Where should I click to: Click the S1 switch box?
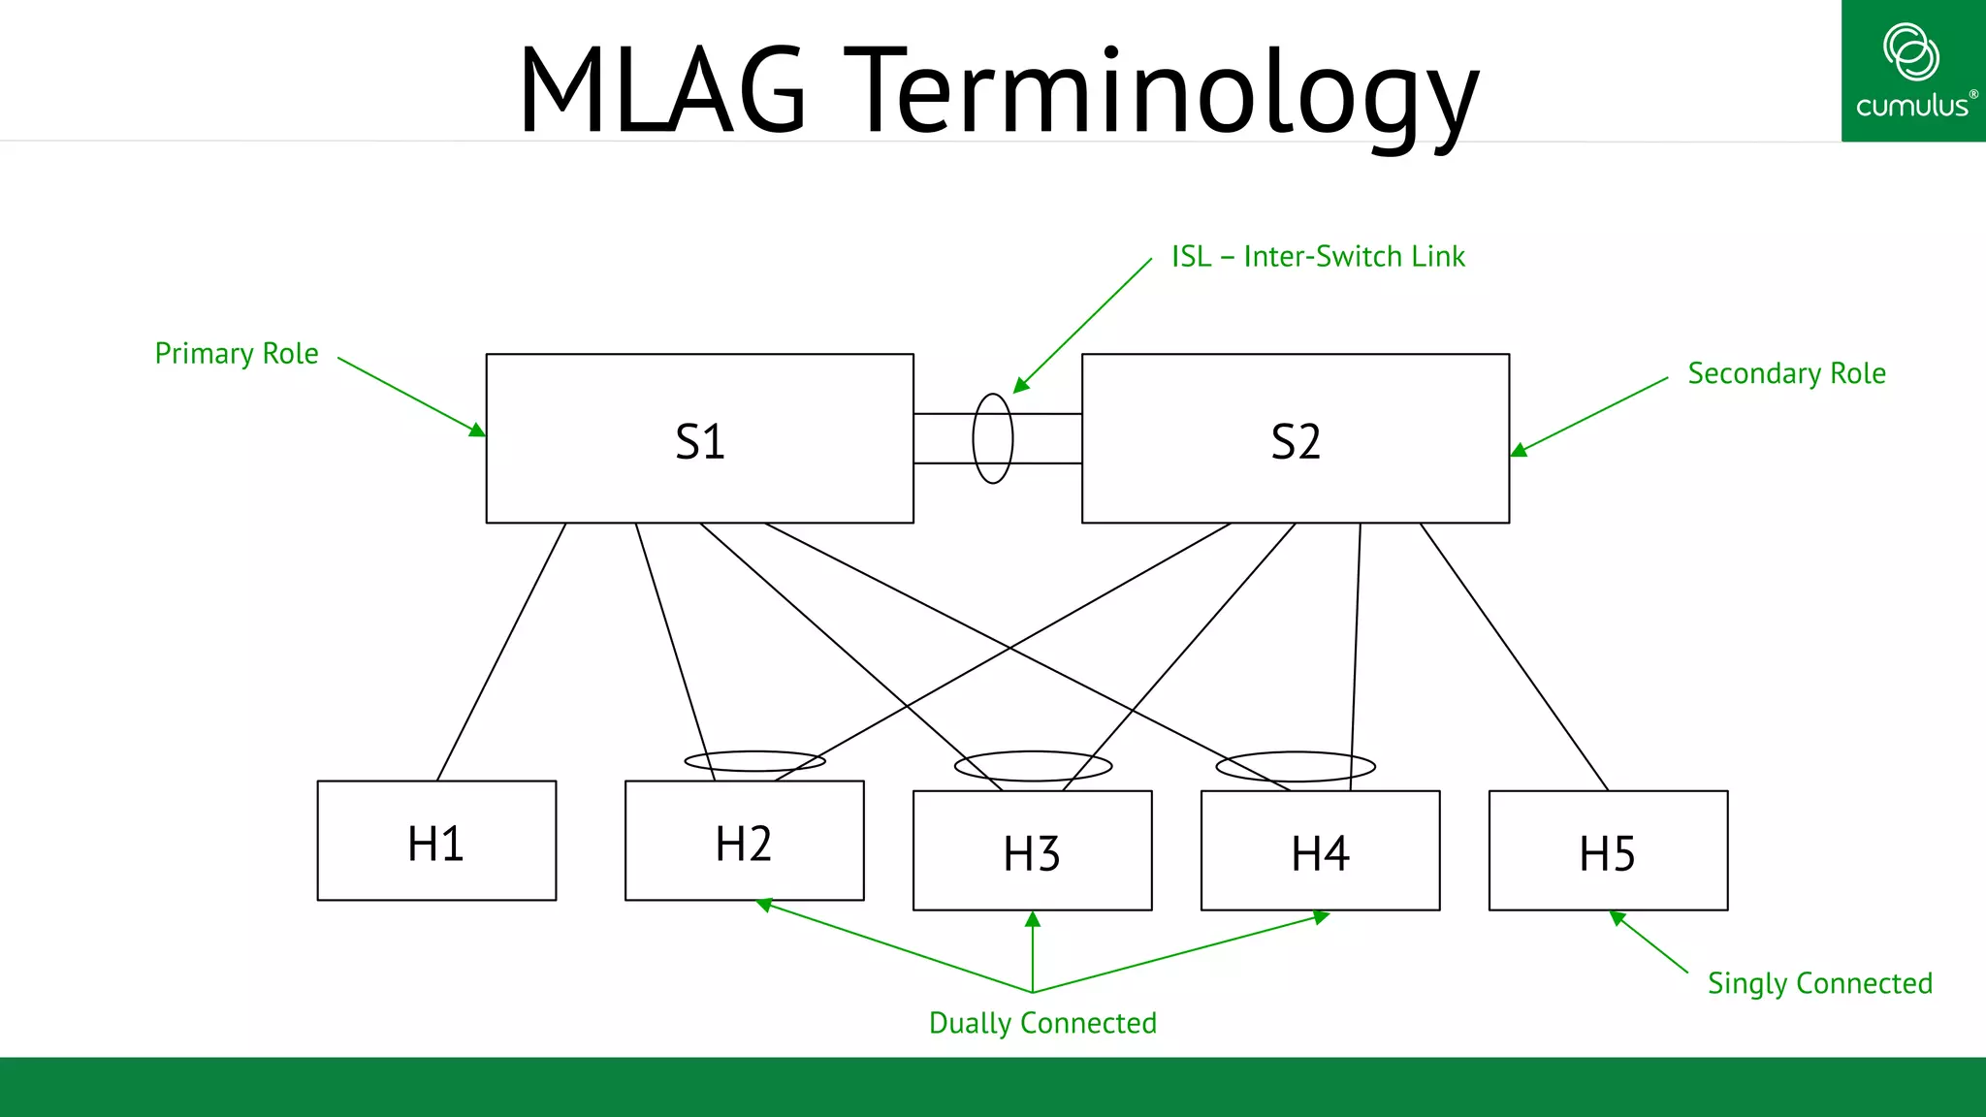tap(699, 438)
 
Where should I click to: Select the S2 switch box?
tap(1295, 438)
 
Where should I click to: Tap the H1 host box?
tap(436, 841)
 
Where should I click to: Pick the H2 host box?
tap(744, 842)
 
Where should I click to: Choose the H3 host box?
tap(1032, 850)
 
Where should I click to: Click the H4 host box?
tap(1320, 850)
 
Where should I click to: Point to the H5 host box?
tap(1608, 850)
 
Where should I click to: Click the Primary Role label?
tap(237, 353)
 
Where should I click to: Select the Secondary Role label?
tap(1786, 373)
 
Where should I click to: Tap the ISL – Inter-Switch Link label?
tap(1318, 256)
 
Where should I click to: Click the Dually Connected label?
tap(1042, 1023)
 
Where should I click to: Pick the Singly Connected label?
tap(1819, 983)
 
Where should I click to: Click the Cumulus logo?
tap(1912, 71)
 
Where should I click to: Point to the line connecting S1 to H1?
tap(501, 652)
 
